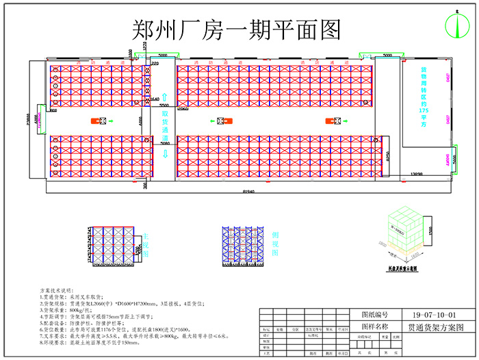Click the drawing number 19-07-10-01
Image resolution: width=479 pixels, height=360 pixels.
432,316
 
